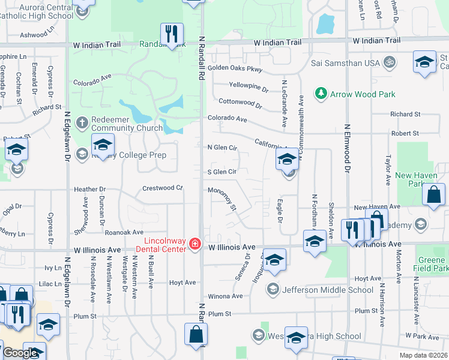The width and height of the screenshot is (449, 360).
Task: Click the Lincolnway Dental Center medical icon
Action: click(x=194, y=243)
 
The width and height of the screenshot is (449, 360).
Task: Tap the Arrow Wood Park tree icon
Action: click(x=321, y=94)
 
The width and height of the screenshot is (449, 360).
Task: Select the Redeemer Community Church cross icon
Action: click(x=82, y=123)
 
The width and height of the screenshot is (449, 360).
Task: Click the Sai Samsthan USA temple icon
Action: click(x=389, y=62)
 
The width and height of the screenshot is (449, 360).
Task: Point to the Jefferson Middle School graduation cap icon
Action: click(x=274, y=290)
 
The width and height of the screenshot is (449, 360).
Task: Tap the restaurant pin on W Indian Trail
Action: click(x=172, y=34)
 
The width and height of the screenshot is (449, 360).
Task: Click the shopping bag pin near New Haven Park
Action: click(x=433, y=195)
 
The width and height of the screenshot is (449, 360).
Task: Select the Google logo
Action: click(x=20, y=353)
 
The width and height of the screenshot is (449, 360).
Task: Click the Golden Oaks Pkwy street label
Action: click(x=235, y=68)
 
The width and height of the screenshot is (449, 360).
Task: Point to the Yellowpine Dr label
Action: click(x=249, y=88)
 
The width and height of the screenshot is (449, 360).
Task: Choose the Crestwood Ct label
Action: click(x=162, y=188)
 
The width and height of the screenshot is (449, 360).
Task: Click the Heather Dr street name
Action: click(x=89, y=190)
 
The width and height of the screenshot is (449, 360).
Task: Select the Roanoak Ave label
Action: click(x=124, y=232)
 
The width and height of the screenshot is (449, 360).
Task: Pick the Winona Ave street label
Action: click(x=225, y=296)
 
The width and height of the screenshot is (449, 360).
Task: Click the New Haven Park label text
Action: click(x=413, y=180)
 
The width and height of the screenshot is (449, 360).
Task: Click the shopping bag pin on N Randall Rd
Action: click(x=196, y=335)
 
